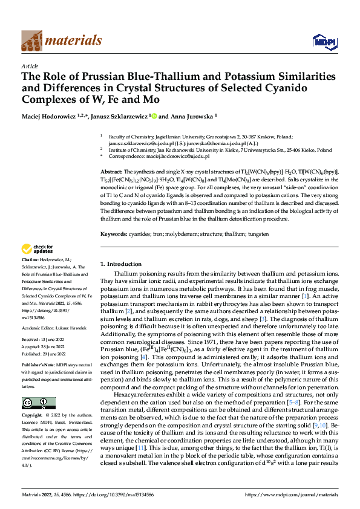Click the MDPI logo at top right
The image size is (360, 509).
point(320,41)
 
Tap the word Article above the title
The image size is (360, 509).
point(30,66)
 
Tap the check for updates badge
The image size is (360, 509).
point(36,249)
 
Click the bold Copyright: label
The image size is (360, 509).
point(32,416)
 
